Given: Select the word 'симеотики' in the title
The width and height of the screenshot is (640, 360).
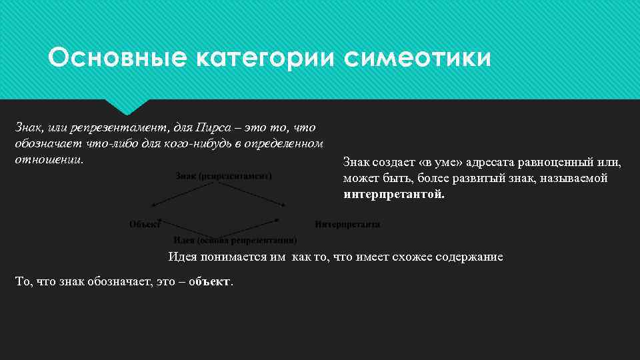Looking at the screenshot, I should pyautogui.click(x=418, y=58).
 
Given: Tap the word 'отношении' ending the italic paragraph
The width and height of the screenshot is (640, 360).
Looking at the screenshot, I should pyautogui.click(x=49, y=160).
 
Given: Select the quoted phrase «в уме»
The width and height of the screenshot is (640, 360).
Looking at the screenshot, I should pyautogui.click(x=449, y=162).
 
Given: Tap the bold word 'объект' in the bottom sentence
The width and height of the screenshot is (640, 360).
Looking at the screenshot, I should pyautogui.click(x=209, y=282).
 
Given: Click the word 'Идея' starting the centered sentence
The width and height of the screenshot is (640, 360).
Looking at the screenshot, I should pyautogui.click(x=182, y=257).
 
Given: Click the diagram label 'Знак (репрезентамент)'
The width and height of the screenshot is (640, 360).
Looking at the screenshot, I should pyautogui.click(x=224, y=176).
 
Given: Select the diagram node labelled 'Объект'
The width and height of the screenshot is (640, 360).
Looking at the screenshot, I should pyautogui.click(x=145, y=225).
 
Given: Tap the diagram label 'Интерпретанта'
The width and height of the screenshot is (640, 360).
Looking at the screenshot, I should pyautogui.click(x=347, y=225).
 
